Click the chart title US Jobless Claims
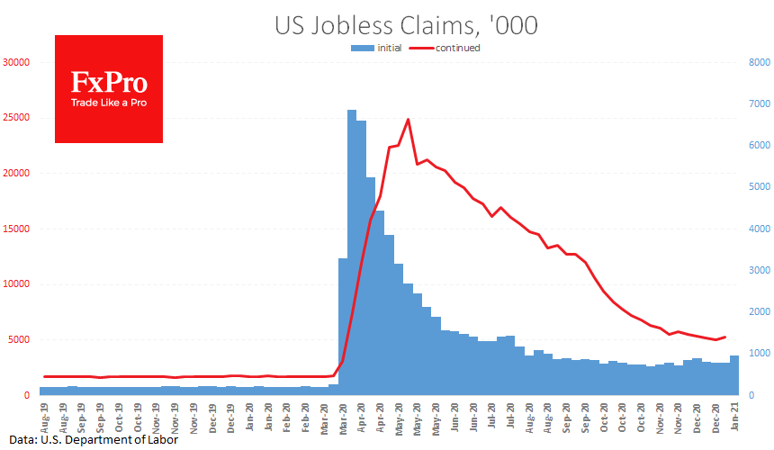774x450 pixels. click(x=406, y=25)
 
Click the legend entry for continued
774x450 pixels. click(x=447, y=48)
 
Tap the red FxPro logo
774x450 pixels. click(x=109, y=89)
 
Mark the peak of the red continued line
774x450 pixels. click(x=409, y=119)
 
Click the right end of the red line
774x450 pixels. click(x=725, y=337)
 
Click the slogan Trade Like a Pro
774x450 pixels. click(x=109, y=103)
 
